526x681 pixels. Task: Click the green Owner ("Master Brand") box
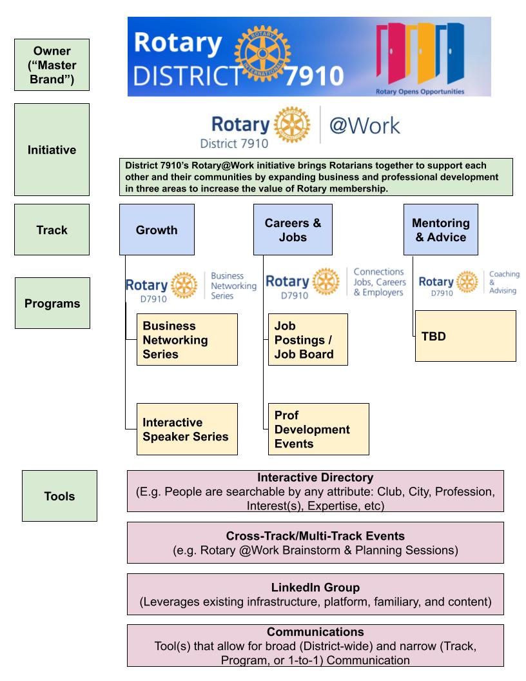tap(52, 64)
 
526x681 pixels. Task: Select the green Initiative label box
tap(52, 150)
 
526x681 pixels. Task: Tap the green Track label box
tap(52, 230)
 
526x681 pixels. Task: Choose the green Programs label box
tap(52, 303)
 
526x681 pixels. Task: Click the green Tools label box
tap(59, 496)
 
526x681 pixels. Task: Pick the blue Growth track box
tap(157, 230)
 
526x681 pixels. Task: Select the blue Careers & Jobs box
tap(293, 230)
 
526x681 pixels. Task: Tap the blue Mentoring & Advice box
tap(441, 230)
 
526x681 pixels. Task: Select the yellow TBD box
tap(465, 335)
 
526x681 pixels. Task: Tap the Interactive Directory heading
tap(315, 478)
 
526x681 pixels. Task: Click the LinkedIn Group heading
tap(315, 587)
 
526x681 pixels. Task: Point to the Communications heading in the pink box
tap(315, 632)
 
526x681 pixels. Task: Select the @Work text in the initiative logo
tap(365, 124)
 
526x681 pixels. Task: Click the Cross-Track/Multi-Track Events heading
tap(315, 536)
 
